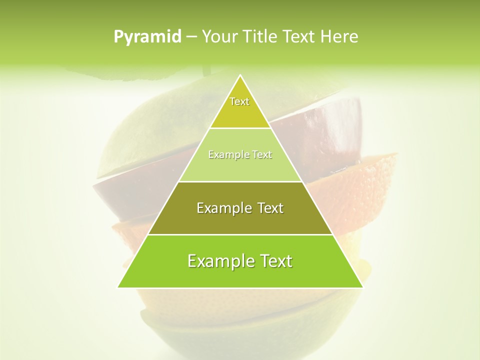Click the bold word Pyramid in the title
(x=147, y=37)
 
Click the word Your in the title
(x=218, y=37)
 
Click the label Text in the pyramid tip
(x=239, y=102)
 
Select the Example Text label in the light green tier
(x=240, y=155)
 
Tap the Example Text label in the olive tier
(x=240, y=208)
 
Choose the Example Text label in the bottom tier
(x=240, y=261)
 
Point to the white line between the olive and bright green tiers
(x=240, y=234)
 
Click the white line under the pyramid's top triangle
(x=240, y=128)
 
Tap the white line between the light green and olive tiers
(x=240, y=181)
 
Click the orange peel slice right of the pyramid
(x=365, y=190)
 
